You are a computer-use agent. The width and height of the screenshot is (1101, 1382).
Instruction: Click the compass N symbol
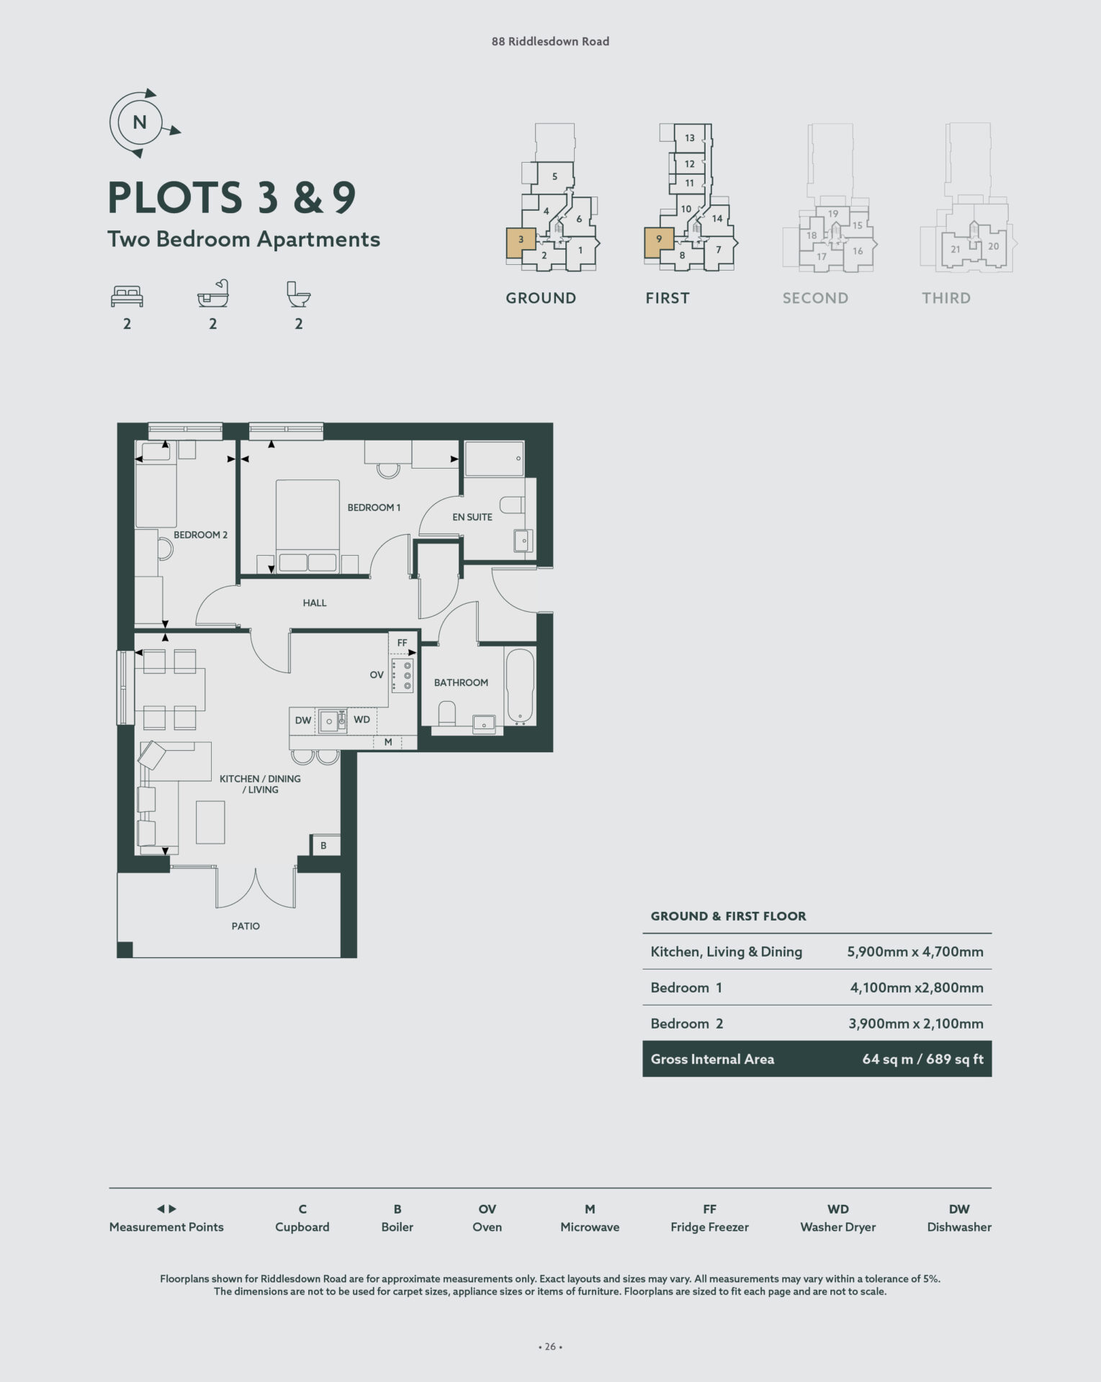point(140,123)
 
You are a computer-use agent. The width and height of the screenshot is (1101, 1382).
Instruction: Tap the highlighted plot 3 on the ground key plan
point(521,243)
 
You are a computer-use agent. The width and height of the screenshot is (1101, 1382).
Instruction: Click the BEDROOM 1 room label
point(374,507)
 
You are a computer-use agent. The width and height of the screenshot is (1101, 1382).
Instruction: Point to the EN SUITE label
point(472,517)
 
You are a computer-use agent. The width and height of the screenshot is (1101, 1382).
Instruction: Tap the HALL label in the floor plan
point(315,603)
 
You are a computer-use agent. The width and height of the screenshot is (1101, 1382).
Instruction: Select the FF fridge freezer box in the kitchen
point(402,643)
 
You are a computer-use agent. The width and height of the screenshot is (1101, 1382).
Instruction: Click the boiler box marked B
point(324,845)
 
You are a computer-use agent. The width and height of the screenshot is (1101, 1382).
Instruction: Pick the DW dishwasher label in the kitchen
point(303,721)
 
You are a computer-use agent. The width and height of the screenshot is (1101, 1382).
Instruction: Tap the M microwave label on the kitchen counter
point(388,742)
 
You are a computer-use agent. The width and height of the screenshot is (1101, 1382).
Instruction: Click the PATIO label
point(246,926)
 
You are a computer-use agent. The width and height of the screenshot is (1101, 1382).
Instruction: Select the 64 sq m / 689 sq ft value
point(922,1059)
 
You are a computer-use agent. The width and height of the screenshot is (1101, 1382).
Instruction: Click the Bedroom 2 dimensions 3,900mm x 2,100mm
point(916,1024)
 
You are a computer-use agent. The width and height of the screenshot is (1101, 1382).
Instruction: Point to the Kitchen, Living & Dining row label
point(726,952)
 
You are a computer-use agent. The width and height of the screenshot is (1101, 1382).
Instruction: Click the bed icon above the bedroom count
point(127,296)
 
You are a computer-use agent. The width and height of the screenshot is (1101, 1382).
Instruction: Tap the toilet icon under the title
point(298,294)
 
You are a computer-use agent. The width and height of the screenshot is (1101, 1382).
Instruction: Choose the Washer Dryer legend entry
point(838,1227)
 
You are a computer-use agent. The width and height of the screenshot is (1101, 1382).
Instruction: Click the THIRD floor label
point(946,298)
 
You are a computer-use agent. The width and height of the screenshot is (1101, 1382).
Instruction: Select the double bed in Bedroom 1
point(307,526)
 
